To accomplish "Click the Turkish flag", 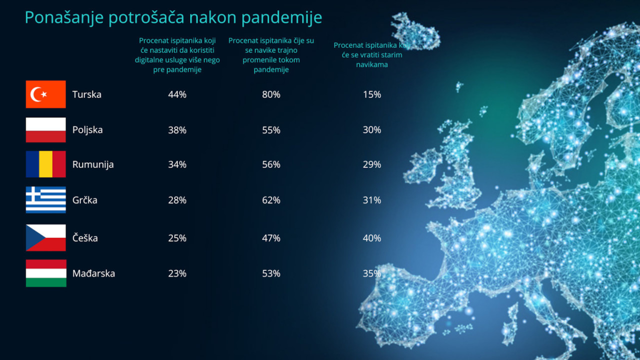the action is [45, 94].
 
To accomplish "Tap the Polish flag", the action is [45, 130].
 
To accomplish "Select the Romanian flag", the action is [45, 164].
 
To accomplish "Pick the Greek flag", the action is [45, 199].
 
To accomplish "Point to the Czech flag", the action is [45, 237].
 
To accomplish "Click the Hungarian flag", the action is [46, 273].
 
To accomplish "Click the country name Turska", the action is [87, 94].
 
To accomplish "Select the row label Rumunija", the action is [93, 165].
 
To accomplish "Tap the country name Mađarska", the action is [93, 273].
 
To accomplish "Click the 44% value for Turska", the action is [177, 94].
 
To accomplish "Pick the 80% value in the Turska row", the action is [271, 94].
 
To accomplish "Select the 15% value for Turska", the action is [372, 94].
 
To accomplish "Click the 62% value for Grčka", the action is [271, 200].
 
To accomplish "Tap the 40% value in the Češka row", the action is [372, 238].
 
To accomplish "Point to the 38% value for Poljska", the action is [177, 130].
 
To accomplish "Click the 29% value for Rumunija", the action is [372, 164].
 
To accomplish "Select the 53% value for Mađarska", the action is [271, 273].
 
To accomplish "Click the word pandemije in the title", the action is [281, 17].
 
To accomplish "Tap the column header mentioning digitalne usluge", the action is [177, 55].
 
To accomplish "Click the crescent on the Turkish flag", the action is [36, 94].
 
